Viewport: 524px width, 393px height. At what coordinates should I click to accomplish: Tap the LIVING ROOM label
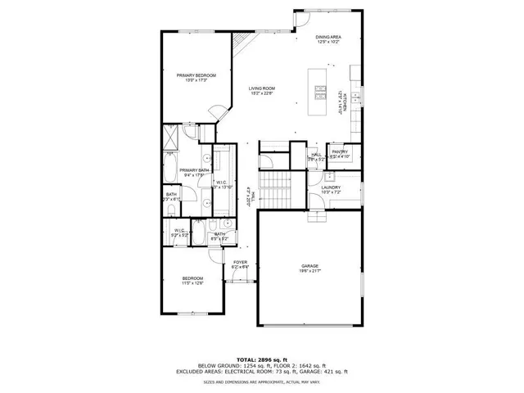click(262, 88)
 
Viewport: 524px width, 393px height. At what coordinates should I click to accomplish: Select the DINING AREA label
click(330, 38)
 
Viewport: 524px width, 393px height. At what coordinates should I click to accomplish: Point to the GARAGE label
click(309, 266)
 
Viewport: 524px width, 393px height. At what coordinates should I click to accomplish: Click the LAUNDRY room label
click(330, 187)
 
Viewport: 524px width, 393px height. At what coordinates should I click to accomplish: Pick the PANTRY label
click(340, 151)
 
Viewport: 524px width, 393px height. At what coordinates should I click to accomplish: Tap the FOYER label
click(240, 262)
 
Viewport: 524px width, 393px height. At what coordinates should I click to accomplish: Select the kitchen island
click(316, 90)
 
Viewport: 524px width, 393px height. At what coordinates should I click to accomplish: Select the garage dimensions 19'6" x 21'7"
click(309, 271)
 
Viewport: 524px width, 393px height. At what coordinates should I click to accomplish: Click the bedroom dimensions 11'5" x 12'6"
click(192, 284)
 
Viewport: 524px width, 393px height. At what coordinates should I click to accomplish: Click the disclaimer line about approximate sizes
click(262, 381)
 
